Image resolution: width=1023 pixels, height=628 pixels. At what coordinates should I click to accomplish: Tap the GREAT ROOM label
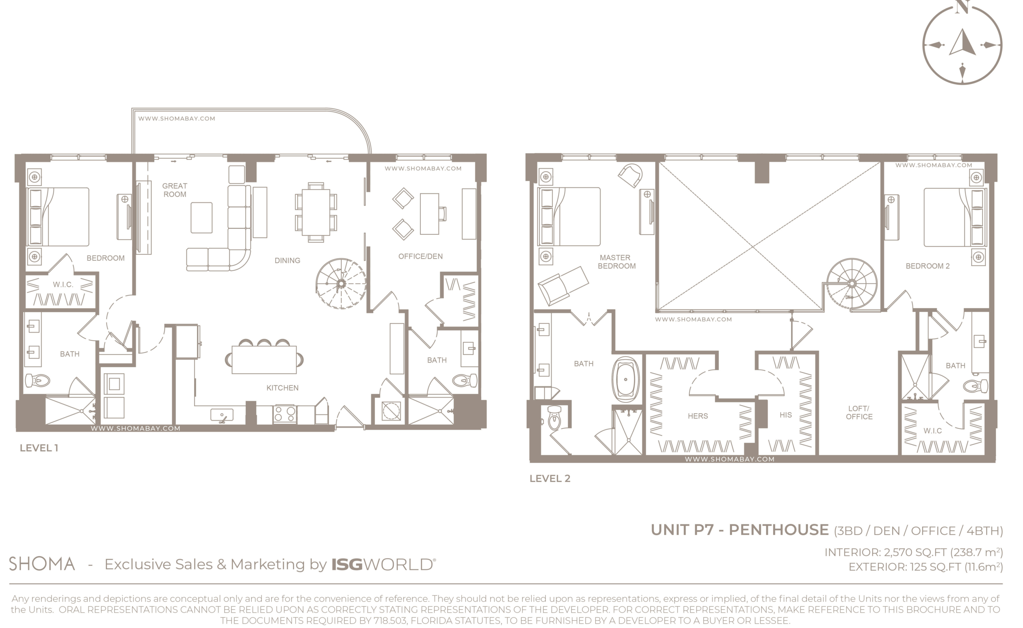(x=175, y=190)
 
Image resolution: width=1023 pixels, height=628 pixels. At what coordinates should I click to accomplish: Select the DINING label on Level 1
(x=287, y=260)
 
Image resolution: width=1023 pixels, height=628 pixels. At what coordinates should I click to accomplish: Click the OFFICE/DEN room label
(x=420, y=256)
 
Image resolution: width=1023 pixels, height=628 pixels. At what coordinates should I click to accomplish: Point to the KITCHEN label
(x=282, y=388)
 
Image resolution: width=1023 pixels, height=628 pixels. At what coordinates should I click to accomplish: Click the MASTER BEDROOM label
(x=617, y=262)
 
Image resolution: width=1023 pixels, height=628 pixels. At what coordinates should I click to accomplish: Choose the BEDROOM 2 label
(x=927, y=266)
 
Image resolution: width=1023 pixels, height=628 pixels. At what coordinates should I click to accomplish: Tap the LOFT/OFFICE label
(x=859, y=412)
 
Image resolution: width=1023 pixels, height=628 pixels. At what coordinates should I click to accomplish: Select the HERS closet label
(x=698, y=416)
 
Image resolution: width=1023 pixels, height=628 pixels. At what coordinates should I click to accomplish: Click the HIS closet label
(x=785, y=414)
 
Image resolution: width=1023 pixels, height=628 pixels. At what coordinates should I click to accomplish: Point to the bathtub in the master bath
(x=625, y=380)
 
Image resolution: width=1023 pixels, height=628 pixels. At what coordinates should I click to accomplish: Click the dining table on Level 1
(x=316, y=212)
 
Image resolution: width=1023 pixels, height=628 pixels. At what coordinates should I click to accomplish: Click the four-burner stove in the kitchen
(x=285, y=414)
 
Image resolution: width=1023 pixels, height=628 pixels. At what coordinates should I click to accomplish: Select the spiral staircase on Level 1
(x=341, y=284)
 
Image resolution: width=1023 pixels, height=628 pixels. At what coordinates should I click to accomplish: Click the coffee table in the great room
(x=202, y=218)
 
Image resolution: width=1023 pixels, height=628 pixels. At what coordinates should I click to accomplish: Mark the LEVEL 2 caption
(x=549, y=478)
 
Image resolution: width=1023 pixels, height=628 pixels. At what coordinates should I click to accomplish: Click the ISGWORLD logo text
(x=383, y=565)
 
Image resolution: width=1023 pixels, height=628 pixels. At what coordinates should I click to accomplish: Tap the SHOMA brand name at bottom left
(x=42, y=564)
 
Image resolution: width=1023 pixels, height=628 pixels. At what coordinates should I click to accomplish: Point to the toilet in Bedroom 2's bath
(x=975, y=386)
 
